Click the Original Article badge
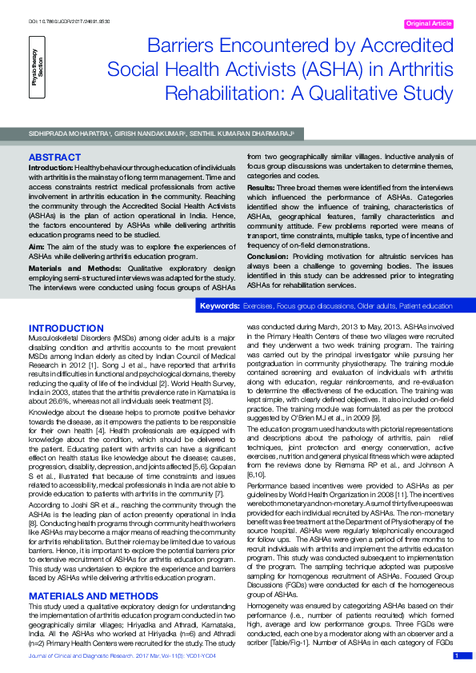point(429,25)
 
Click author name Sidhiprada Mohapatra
point(61,134)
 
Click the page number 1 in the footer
point(456,656)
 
